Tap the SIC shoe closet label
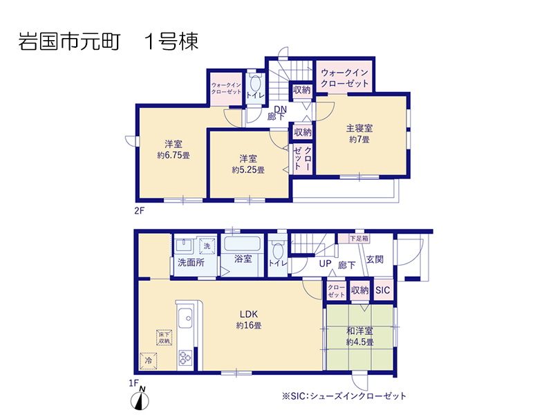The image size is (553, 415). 383,290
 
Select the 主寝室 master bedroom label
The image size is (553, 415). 359,128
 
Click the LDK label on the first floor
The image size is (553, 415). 249,314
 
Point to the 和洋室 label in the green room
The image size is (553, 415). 359,331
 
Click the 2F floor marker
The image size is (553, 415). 140,211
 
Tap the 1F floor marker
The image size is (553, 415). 133,383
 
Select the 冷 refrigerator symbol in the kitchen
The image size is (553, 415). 149,360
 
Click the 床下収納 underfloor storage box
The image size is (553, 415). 164,338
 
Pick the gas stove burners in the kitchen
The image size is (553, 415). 185,357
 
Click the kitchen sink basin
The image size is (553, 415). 185,318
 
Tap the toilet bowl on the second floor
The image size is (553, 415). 255,84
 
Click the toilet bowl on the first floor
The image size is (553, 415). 278,251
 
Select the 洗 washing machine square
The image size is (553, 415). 207,246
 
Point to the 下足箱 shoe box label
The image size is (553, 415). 359,239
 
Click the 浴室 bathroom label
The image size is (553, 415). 243,259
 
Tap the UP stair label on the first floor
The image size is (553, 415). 325,264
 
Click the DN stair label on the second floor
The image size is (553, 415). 281,109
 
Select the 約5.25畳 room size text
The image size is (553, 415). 248,170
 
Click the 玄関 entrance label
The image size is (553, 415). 375,259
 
